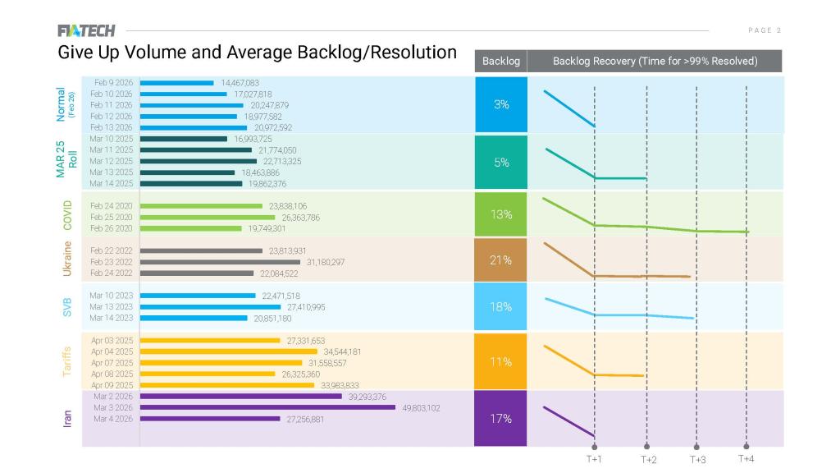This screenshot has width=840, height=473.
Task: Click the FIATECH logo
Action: point(86,31)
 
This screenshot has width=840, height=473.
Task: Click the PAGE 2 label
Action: point(765,30)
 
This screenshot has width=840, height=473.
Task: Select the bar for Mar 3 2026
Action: point(267,407)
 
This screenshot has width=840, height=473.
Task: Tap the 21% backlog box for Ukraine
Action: point(501,260)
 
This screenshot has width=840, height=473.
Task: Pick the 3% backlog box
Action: point(501,104)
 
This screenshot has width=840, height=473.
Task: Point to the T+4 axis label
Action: point(746,458)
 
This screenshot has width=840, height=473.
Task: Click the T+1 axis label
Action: point(594,459)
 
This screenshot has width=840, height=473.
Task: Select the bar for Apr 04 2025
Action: point(229,351)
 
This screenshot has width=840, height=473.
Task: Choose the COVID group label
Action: point(68,215)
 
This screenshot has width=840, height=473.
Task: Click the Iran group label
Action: point(68,418)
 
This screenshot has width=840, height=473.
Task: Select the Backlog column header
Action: point(500,61)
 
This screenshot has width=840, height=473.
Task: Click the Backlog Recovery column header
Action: point(655,61)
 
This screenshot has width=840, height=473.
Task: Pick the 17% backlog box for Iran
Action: point(501,418)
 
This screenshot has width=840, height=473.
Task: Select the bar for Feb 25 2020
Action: point(208,218)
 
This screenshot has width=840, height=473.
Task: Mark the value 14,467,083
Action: point(240,83)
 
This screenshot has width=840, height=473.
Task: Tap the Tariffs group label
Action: point(68,361)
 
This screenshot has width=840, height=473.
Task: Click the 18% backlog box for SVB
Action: point(501,306)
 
